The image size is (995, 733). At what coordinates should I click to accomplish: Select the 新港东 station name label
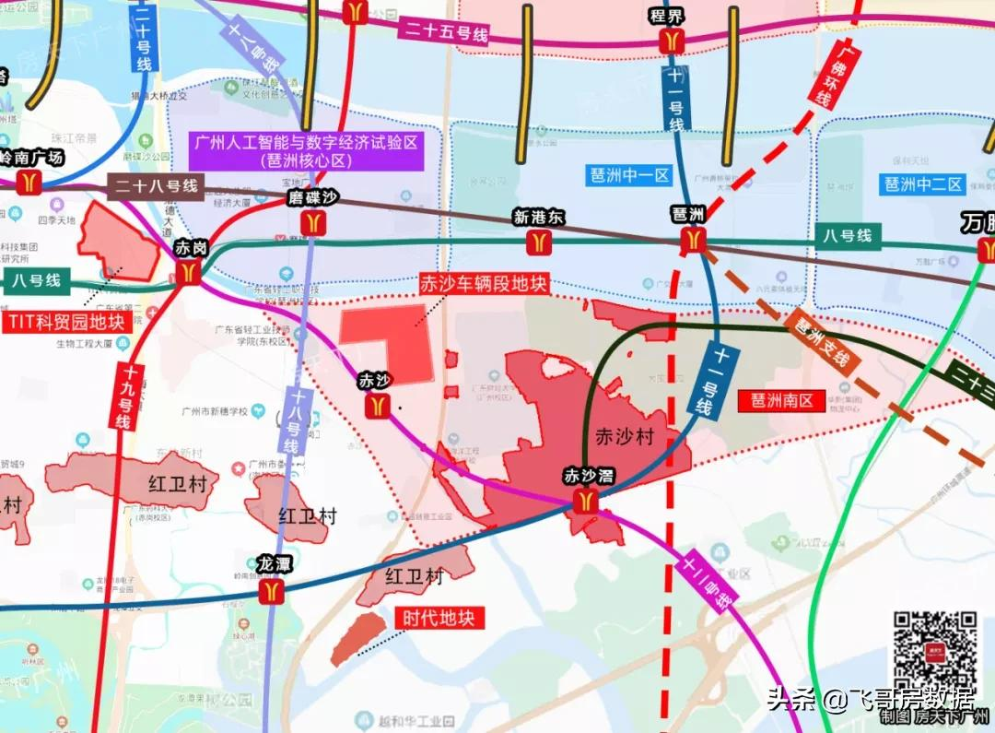click(x=539, y=219)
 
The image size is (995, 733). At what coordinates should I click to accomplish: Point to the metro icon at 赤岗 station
click(x=189, y=271)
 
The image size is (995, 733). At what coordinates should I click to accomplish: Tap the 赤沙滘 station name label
click(x=589, y=476)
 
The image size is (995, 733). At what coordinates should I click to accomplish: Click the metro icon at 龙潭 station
click(x=272, y=590)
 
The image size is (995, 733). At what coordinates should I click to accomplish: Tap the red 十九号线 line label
click(x=123, y=397)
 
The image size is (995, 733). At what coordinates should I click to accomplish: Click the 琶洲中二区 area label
click(x=923, y=183)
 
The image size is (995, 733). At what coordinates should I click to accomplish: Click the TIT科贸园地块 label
click(x=66, y=322)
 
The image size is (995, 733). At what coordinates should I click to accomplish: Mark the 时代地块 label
click(x=439, y=618)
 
